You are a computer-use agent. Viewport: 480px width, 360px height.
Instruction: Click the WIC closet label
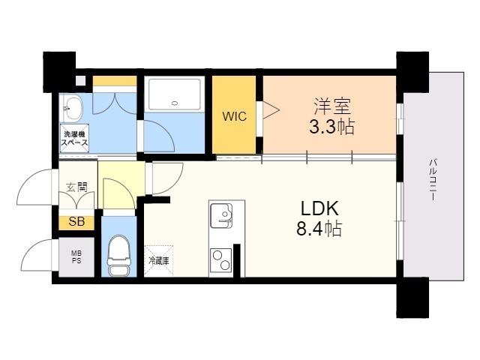point(234,117)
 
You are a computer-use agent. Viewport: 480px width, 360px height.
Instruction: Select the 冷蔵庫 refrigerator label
point(157,261)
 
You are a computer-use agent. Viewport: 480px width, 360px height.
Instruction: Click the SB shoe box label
point(76,221)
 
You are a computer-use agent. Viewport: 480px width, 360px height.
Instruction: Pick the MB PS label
point(76,256)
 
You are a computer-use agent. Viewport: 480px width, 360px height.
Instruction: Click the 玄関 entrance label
point(76,187)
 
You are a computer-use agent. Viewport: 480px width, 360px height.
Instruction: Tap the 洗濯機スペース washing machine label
point(76,139)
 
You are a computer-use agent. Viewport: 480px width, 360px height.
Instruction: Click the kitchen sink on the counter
point(222,215)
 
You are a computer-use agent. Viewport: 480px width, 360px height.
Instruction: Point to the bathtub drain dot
point(175,103)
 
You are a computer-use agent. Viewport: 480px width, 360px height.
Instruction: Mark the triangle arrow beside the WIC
point(269,110)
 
